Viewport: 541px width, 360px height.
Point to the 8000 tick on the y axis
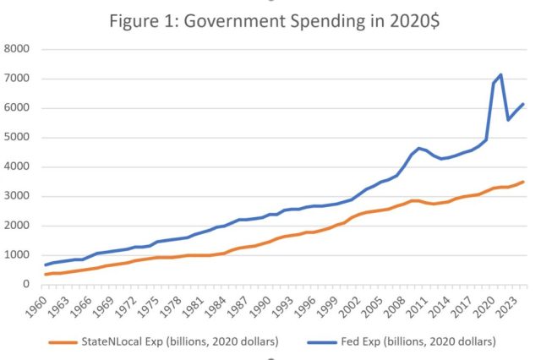click(18, 49)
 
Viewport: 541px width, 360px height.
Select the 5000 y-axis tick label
click(18, 138)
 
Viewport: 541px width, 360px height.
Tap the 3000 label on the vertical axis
click(18, 196)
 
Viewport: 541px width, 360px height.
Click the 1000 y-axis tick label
click(18, 255)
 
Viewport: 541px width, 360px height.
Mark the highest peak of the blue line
click(500, 75)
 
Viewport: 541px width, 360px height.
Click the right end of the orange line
click(523, 182)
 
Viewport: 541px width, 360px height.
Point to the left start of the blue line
click(46, 265)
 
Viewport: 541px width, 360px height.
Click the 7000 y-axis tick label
click(18, 79)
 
